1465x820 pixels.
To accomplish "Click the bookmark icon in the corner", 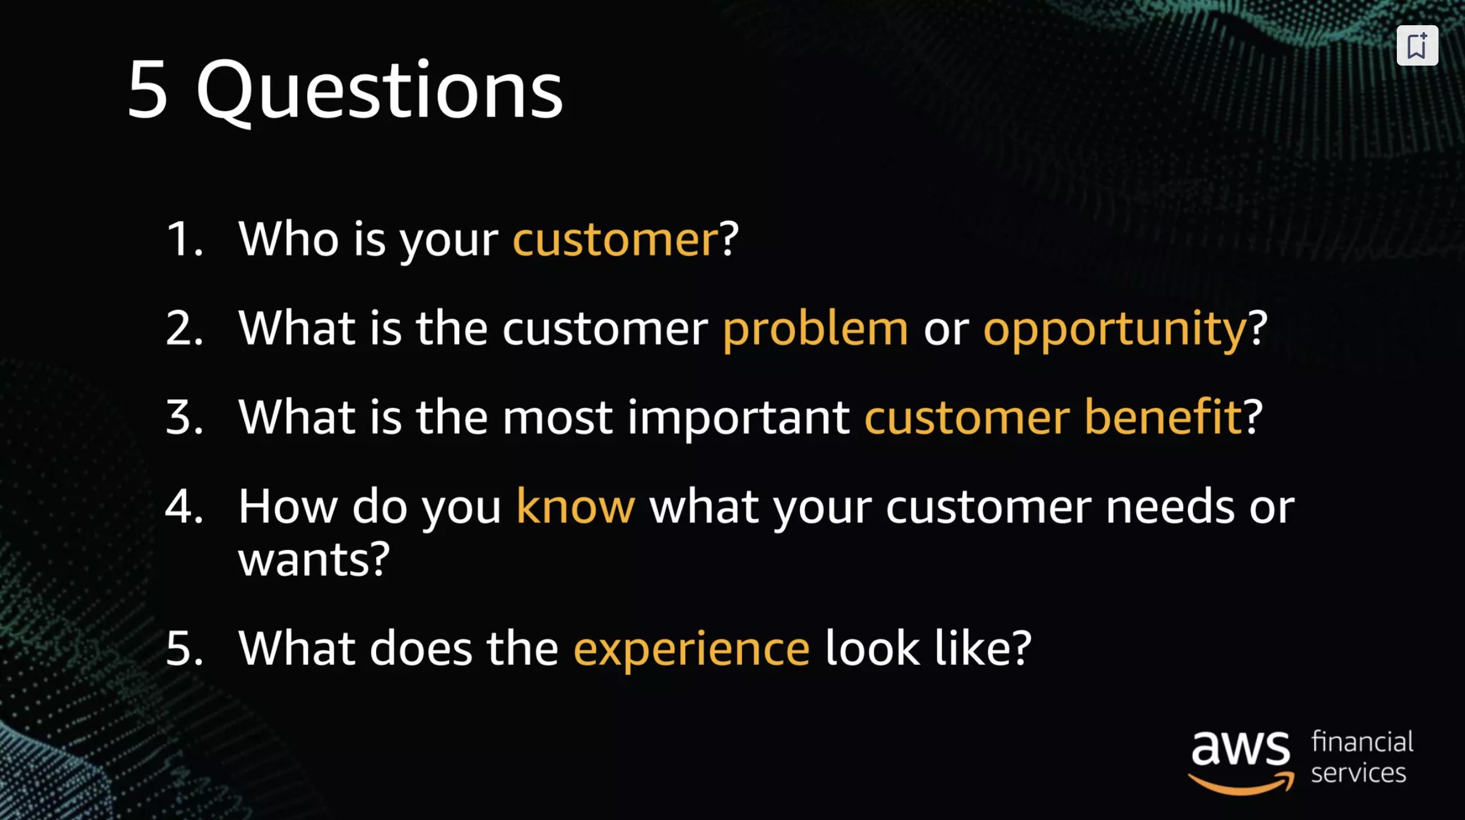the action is pos(1417,45).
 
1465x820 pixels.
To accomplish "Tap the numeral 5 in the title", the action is pos(148,88).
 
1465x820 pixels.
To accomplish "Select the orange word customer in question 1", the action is pos(615,240).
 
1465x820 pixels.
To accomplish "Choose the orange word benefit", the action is pos(1163,416).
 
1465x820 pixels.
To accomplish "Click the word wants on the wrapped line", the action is pos(304,560).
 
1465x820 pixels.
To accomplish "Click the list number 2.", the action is pos(184,328).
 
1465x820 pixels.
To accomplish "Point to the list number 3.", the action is pos(184,417).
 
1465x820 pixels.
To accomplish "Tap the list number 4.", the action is pos(184,506).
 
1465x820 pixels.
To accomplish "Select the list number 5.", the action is pos(184,648).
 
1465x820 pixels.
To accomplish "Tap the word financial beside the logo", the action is pos(1362,741).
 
